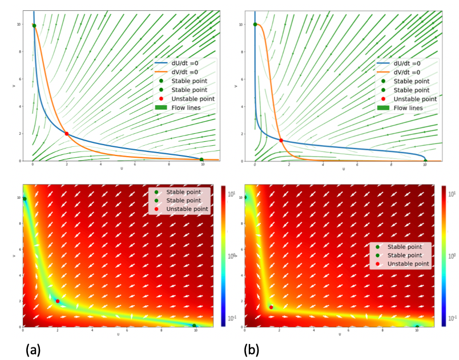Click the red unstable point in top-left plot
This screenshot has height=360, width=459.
pyautogui.click(x=67, y=134)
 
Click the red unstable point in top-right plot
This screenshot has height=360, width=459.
pyautogui.click(x=281, y=140)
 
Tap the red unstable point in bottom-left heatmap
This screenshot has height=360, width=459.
pyautogui.click(x=58, y=301)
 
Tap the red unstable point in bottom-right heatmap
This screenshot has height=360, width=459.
pyautogui.click(x=271, y=307)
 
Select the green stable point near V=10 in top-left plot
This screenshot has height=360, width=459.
pyautogui.click(x=34, y=26)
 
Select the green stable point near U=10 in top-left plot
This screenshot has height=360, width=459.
pyautogui.click(x=202, y=159)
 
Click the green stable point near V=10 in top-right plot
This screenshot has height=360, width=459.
pyautogui.click(x=255, y=25)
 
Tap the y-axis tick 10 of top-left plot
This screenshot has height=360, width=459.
pyautogui.click(x=18, y=25)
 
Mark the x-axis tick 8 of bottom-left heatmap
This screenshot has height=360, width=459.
pyautogui.click(x=162, y=331)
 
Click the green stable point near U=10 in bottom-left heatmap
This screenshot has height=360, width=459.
pyautogui.click(x=195, y=326)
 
